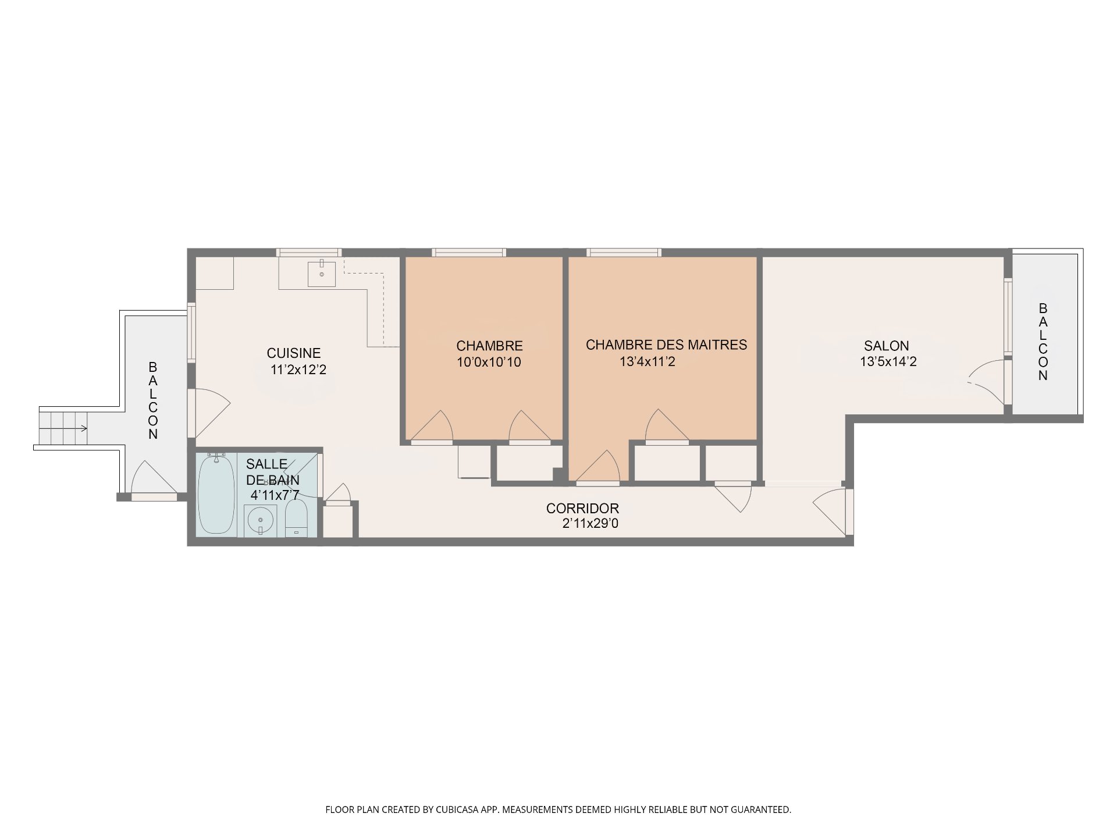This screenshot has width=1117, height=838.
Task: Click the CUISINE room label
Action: click(x=294, y=353)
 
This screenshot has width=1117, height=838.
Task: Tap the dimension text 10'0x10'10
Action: click(x=489, y=362)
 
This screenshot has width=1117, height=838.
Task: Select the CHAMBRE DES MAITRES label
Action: click(x=666, y=345)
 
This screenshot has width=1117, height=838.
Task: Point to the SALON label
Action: click(x=887, y=346)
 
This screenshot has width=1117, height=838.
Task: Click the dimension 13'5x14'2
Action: click(x=888, y=361)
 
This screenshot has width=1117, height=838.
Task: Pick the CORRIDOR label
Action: click(x=582, y=509)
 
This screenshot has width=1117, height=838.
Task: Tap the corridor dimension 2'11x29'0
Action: click(x=590, y=524)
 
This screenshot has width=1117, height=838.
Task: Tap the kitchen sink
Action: click(x=322, y=274)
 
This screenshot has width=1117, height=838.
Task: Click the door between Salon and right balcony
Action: click(x=989, y=381)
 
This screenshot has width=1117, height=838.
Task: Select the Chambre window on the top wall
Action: click(x=469, y=253)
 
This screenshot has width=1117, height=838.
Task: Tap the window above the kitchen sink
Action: click(x=308, y=253)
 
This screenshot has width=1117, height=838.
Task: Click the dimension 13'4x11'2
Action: click(x=647, y=361)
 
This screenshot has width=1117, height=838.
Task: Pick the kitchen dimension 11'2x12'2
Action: click(x=298, y=369)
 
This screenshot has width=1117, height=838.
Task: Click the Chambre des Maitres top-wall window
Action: click(x=624, y=253)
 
